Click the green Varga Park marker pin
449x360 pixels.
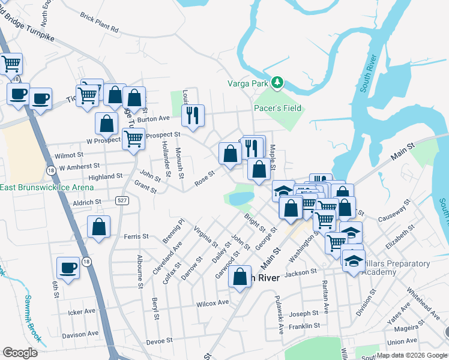point(277,83)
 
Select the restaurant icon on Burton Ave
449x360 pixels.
point(193,114)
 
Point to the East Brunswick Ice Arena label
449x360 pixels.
point(47,187)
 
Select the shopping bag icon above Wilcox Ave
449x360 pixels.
point(240,277)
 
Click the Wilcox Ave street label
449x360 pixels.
point(213,304)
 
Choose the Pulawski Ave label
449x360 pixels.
point(279,314)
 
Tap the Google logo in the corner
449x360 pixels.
point(20,352)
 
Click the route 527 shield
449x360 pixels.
point(122,200)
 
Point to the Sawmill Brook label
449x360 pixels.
point(32,319)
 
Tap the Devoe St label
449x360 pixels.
point(159,340)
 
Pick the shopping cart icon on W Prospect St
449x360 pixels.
point(133,138)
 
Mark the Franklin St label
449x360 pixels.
point(304,326)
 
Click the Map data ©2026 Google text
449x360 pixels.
point(411,355)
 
